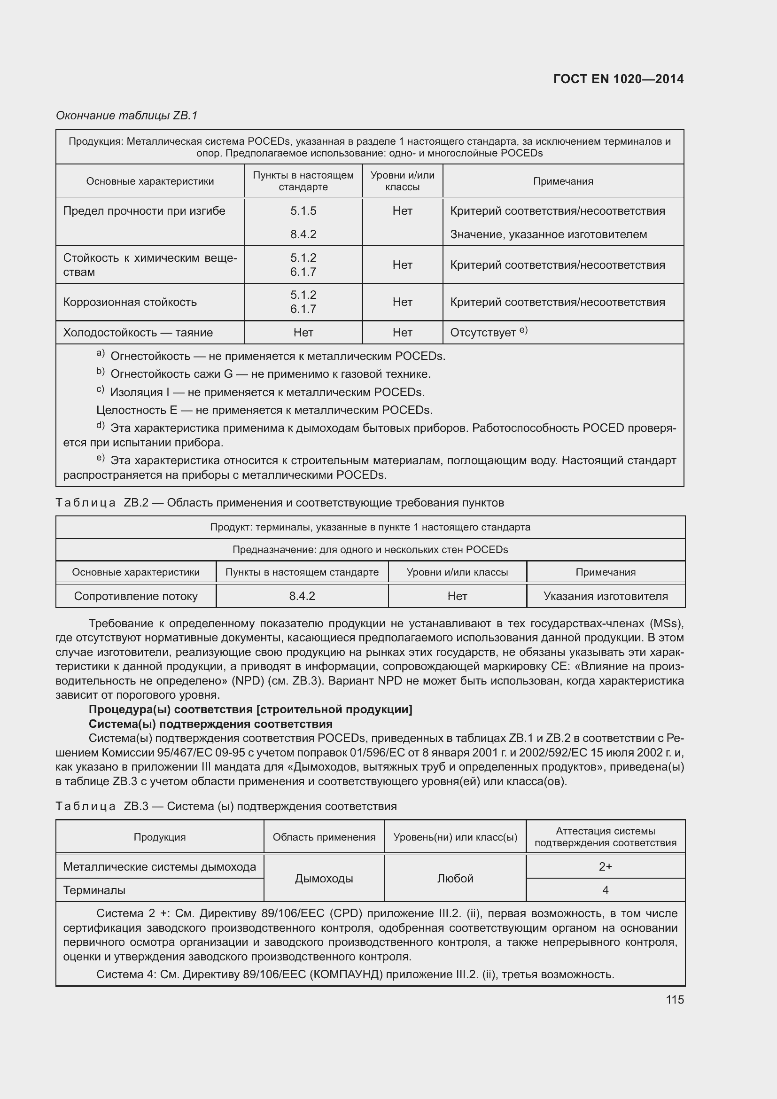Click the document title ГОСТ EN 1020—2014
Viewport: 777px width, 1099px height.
[618, 79]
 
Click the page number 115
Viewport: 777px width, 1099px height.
[675, 999]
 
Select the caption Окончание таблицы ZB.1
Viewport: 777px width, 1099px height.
[127, 116]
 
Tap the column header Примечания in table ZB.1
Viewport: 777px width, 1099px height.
[563, 181]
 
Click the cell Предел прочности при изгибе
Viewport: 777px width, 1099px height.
[144, 211]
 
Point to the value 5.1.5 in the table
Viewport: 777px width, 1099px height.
[303, 211]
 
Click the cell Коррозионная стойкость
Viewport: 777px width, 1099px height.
[130, 302]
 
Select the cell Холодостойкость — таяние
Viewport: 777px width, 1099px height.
[138, 333]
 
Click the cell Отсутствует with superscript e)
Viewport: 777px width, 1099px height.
[488, 332]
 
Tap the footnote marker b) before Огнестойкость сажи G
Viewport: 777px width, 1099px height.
[101, 372]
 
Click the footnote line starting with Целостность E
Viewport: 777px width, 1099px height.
[264, 410]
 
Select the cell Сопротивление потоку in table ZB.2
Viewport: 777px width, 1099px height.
[135, 596]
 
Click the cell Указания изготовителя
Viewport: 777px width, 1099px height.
[605, 596]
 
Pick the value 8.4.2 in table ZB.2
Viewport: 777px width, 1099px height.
[302, 596]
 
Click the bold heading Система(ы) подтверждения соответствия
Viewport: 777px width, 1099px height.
[210, 724]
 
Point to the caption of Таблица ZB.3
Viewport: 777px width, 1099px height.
[226, 806]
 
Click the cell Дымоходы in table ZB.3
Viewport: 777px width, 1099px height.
[324, 878]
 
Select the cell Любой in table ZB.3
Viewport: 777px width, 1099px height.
[455, 878]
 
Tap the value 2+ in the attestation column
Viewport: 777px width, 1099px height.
[605, 866]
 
